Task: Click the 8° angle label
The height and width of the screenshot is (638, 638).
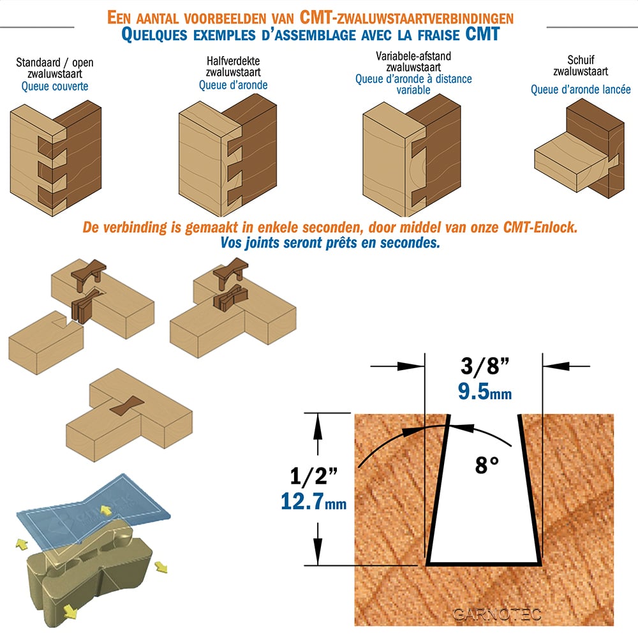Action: [487, 464]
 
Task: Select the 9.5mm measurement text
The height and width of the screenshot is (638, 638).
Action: [485, 392]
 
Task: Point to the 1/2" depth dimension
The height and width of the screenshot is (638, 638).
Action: [314, 475]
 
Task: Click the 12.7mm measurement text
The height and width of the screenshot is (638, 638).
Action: [314, 501]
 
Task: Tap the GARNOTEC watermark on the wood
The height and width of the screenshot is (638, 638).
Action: [497, 614]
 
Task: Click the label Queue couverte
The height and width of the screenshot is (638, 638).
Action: [55, 86]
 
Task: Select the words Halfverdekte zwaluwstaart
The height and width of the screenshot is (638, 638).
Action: [233, 66]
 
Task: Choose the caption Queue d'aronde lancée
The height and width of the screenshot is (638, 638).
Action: [581, 89]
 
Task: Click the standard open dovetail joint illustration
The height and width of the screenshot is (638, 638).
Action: [56, 158]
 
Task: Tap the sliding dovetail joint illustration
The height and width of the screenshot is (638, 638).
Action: [579, 149]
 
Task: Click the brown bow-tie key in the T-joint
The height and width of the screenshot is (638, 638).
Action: [127, 406]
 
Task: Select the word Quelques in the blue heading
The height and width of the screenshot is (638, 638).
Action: [154, 35]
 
